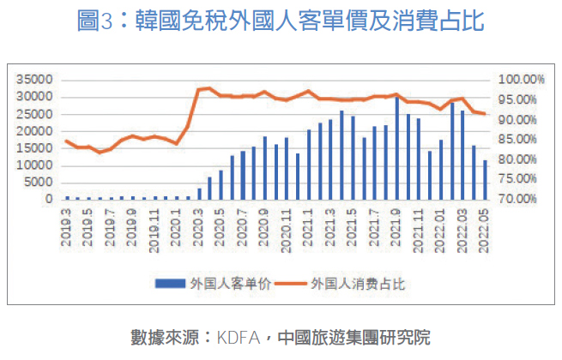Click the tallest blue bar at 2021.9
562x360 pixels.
point(397,148)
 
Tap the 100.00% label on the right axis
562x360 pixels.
point(522,79)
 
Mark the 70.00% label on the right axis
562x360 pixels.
point(522,199)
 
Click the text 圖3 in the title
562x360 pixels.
point(95,22)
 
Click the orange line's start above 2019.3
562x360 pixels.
point(67,141)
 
